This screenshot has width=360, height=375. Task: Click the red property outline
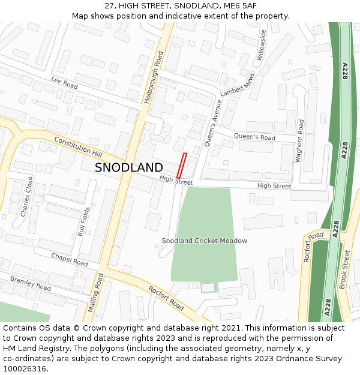click(x=182, y=166)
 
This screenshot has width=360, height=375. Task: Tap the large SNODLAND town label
click(x=128, y=167)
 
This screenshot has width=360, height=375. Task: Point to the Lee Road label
click(x=64, y=83)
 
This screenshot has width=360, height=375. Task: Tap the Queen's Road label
click(x=254, y=137)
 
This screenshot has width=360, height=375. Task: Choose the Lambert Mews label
click(x=238, y=85)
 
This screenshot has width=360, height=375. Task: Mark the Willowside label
click(x=262, y=46)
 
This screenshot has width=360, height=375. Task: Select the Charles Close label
click(x=27, y=196)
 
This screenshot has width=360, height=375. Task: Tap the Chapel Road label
click(x=70, y=259)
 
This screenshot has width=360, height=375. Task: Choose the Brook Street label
click(x=345, y=271)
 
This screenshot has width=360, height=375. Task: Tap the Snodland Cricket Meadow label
click(x=204, y=241)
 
